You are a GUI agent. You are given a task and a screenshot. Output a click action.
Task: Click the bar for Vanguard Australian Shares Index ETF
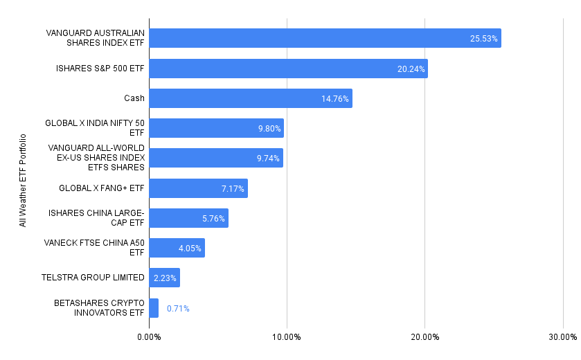[x=325, y=38]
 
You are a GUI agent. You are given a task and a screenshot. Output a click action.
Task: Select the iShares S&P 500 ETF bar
[x=288, y=69]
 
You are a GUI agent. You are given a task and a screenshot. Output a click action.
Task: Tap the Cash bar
[x=250, y=98]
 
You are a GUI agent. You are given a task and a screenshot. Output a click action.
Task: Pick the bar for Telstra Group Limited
[x=164, y=278]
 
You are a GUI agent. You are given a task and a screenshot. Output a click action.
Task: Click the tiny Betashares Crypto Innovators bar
[x=154, y=308]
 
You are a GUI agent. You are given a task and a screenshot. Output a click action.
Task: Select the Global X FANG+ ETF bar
[x=198, y=188]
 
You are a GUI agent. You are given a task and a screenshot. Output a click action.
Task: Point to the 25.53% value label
[x=483, y=39]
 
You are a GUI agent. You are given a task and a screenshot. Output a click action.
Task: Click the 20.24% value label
[x=411, y=69]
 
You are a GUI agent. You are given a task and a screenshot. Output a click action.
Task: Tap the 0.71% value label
[x=177, y=309]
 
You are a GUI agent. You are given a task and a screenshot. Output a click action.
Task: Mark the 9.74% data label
[x=267, y=159]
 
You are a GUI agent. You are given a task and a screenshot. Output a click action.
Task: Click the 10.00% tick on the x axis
[x=287, y=337]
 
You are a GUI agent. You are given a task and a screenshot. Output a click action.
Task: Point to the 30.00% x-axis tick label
[x=562, y=337]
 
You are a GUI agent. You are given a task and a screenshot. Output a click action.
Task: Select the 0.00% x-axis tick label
[x=149, y=337]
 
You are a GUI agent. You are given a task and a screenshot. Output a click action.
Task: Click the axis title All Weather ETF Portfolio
[x=23, y=180]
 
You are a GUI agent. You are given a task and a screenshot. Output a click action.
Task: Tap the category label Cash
[x=134, y=98]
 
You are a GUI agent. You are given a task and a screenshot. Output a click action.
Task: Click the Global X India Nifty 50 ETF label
[x=95, y=128]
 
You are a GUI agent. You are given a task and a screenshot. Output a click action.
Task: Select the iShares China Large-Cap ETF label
[x=96, y=218]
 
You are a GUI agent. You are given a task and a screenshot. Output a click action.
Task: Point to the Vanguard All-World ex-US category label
[x=96, y=158]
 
